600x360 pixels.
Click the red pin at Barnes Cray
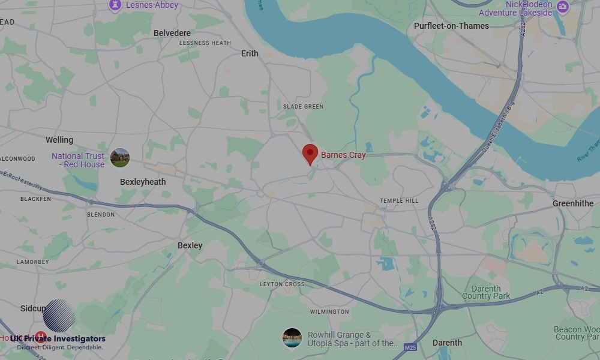pyautogui.click(x=310, y=154)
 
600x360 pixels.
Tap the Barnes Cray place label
pyautogui.click(x=343, y=155)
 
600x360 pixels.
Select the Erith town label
pyautogui.click(x=250, y=53)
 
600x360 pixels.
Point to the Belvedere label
pyautogui.click(x=172, y=33)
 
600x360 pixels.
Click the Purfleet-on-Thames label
pyautogui.click(x=451, y=26)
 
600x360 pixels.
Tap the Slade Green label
pyautogui.click(x=303, y=107)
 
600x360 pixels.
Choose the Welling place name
pyautogui.click(x=59, y=140)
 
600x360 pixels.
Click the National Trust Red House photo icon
pyautogui.click(x=120, y=158)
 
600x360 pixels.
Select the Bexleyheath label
pyautogui.click(x=143, y=182)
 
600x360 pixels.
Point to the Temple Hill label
pyautogui.click(x=399, y=201)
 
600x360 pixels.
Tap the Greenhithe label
pyautogui.click(x=573, y=203)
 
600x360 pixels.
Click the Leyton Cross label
pyautogui.click(x=282, y=284)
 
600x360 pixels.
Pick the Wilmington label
pyautogui.click(x=329, y=312)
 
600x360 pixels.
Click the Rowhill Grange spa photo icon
pyautogui.click(x=292, y=338)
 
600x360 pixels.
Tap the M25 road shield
pyautogui.click(x=410, y=347)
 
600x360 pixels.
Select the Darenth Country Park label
pyautogui.click(x=486, y=292)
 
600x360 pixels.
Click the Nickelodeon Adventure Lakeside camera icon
pyautogui.click(x=562, y=7)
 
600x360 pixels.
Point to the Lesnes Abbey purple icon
pyautogui.click(x=115, y=5)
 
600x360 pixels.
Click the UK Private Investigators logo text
pyautogui.click(x=58, y=339)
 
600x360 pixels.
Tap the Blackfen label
pyautogui.click(x=35, y=199)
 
